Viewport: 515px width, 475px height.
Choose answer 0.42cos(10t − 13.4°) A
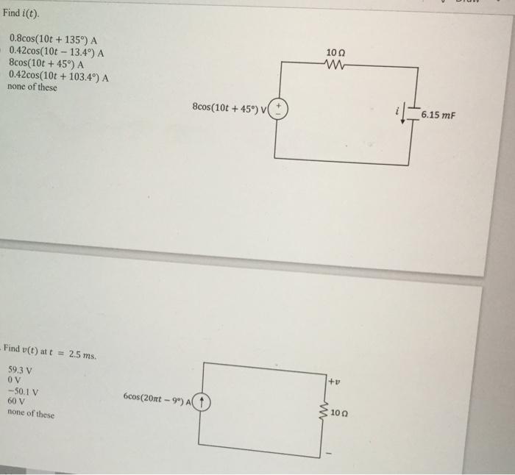pos(56,51)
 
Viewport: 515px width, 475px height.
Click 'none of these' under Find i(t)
pos(32,87)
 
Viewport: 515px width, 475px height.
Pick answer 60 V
pos(16,402)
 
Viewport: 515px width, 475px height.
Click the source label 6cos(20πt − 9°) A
pos(157,401)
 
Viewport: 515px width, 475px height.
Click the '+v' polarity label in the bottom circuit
pos(333,381)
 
